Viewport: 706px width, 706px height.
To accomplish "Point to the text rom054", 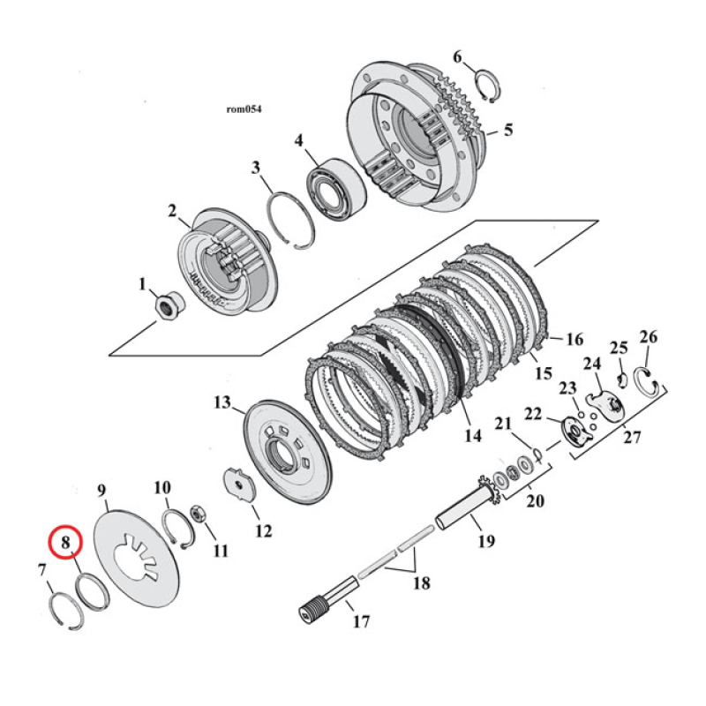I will coord(244,109).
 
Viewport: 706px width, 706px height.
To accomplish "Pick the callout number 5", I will coord(507,130).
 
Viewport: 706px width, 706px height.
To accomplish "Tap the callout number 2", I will coord(173,211).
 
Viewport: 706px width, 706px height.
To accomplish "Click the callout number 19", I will coord(487,540).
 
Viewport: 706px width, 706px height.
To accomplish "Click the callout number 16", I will coord(575,339).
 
